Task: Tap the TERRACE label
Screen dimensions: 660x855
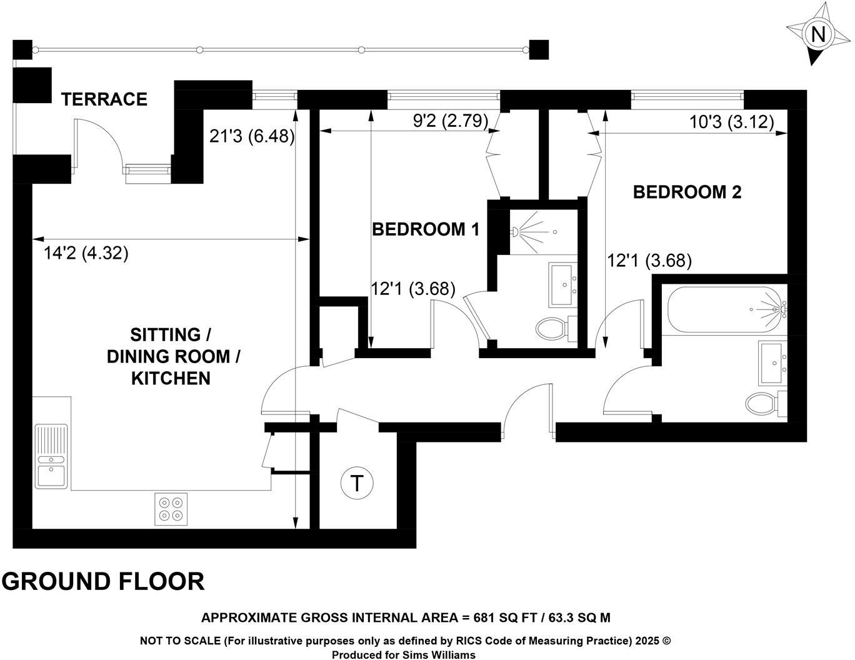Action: point(104,99)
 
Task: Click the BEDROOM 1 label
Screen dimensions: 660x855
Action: point(426,229)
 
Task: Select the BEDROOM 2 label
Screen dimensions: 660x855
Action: point(687,192)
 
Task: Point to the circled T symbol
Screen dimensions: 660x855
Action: point(356,483)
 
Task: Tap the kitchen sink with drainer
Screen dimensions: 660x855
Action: point(51,456)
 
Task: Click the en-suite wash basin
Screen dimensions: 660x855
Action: point(564,285)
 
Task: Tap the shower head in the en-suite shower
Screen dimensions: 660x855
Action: point(517,232)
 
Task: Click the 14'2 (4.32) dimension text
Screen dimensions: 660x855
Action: point(86,253)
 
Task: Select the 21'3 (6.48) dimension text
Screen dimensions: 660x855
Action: point(252,136)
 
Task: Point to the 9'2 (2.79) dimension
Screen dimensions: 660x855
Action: point(450,120)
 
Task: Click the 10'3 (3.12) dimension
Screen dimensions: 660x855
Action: point(731,121)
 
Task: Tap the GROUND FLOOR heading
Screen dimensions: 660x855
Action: point(103,581)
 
